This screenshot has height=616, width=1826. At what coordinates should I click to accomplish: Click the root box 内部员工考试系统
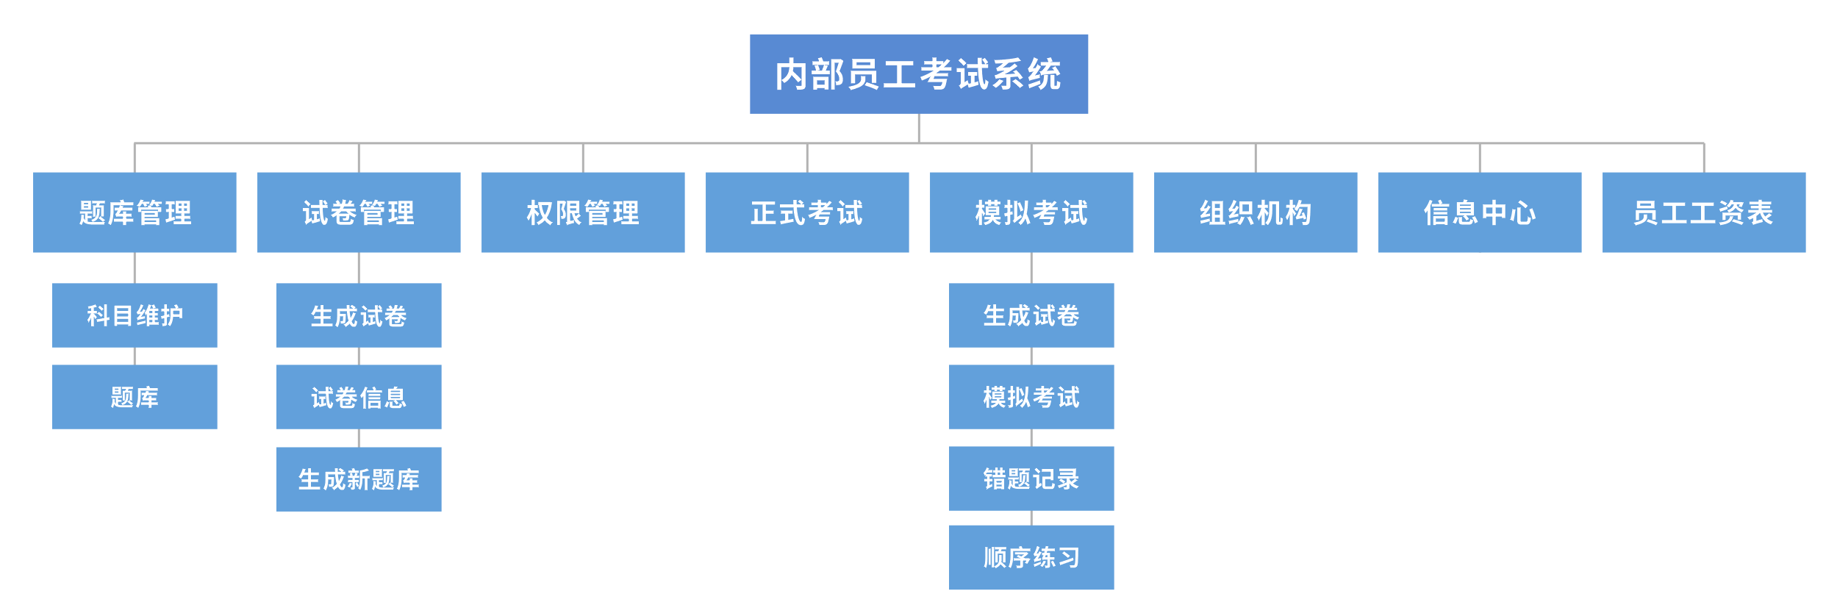(x=918, y=74)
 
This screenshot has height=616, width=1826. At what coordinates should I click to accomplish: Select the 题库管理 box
(x=135, y=212)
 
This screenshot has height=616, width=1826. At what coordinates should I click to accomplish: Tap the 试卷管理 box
(x=359, y=212)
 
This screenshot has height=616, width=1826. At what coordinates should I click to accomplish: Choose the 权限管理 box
(x=583, y=212)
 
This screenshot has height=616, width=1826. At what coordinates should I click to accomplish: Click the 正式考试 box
(x=807, y=212)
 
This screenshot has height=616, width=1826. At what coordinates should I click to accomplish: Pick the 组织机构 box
(x=1256, y=212)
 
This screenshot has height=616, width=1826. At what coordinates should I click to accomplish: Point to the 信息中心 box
(x=1480, y=212)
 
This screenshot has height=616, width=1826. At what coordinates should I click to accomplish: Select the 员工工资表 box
(x=1704, y=212)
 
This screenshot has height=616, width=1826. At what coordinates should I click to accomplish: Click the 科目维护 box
(x=135, y=315)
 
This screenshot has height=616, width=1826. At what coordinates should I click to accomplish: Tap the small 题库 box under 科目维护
(x=135, y=397)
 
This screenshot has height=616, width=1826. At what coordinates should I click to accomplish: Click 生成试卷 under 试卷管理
(x=359, y=315)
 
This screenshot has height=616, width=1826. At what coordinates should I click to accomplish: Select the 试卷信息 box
(x=359, y=397)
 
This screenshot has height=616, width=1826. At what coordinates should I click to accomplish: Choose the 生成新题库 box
(x=359, y=479)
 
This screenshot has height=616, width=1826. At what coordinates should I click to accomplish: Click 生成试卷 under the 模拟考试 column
(x=1031, y=315)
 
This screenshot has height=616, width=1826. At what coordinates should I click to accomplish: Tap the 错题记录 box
(x=1031, y=479)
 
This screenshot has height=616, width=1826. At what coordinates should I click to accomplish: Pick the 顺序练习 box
(x=1031, y=557)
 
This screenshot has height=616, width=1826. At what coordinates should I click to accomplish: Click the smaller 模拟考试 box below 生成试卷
(x=1031, y=397)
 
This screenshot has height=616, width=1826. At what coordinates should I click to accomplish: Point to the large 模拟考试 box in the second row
(x=1031, y=212)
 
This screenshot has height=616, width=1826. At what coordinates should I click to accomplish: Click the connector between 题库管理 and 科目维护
(x=135, y=268)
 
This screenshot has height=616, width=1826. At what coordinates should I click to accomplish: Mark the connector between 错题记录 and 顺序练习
(x=1031, y=518)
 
